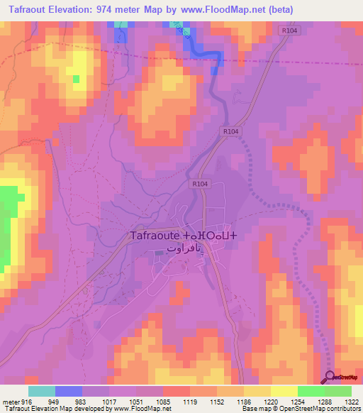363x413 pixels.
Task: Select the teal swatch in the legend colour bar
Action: tap(41, 391)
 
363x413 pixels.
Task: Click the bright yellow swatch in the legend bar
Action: tap(284, 391)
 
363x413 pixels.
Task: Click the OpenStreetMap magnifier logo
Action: tap(330, 377)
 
